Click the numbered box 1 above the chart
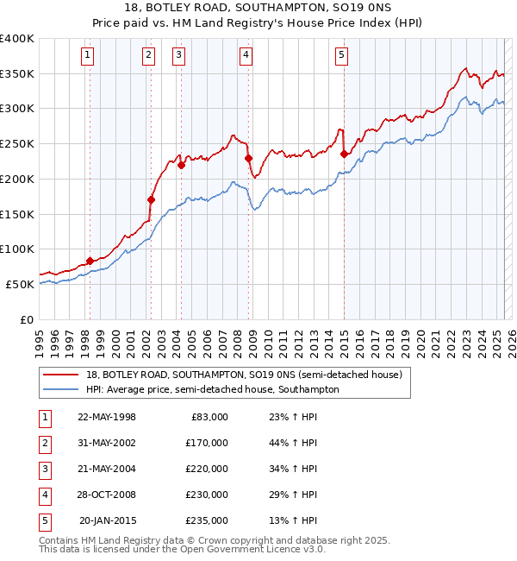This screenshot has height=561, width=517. (x=89, y=56)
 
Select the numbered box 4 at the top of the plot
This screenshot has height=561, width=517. (x=246, y=56)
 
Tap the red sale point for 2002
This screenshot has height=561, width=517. (x=151, y=199)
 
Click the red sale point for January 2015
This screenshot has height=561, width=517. (x=344, y=154)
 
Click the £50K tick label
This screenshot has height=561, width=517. (x=21, y=284)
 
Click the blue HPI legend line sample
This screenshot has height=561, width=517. (x=60, y=389)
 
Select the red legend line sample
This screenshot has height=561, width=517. (x=60, y=375)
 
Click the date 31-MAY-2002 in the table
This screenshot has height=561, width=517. (x=107, y=442)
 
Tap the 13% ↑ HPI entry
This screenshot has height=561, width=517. (x=293, y=520)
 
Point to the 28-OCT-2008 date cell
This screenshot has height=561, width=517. (x=108, y=494)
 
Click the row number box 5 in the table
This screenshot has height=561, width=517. (x=43, y=520)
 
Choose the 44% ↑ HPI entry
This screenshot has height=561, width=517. (x=293, y=442)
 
